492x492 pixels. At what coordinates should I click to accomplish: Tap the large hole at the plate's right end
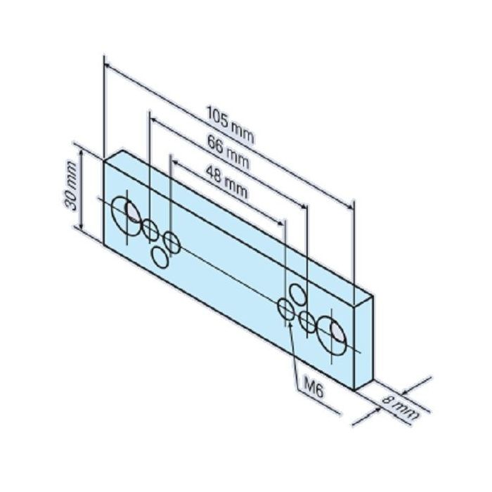click(x=331, y=330)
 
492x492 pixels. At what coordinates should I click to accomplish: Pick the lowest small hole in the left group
click(x=161, y=258)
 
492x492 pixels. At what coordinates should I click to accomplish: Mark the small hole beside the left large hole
click(x=150, y=229)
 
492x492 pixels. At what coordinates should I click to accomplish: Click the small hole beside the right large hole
click(x=307, y=322)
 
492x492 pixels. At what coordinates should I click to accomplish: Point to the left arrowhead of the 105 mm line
click(x=107, y=65)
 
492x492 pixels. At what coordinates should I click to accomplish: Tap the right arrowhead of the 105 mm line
click(x=349, y=205)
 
